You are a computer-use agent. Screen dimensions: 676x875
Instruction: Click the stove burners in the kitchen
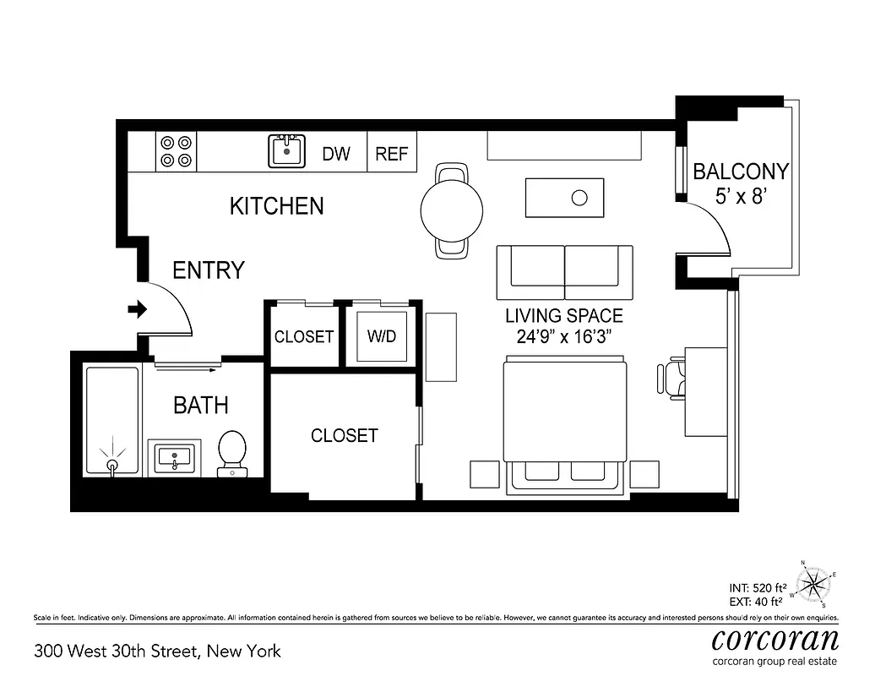coord(177,152)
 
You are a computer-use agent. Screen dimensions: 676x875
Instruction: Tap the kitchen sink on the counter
coord(287,152)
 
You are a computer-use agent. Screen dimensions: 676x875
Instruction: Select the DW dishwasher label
coord(336,154)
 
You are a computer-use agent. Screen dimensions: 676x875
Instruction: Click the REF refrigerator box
coord(391,154)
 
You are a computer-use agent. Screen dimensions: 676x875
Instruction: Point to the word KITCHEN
coord(276,205)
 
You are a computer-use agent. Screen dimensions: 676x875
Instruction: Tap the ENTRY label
coord(208,270)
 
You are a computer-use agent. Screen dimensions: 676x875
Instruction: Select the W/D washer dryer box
coord(381,336)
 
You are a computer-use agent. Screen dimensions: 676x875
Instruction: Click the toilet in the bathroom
coord(232,452)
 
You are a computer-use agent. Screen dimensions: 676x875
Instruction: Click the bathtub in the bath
coord(111,420)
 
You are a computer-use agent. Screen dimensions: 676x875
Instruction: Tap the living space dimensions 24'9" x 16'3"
coord(563,336)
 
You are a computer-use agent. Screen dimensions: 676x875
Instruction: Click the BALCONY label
coord(740,172)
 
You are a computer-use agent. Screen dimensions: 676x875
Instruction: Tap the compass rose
coord(815,582)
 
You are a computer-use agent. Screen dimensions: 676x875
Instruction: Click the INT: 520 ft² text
coord(758,586)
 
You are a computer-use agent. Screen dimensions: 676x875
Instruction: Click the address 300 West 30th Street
coord(156,651)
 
